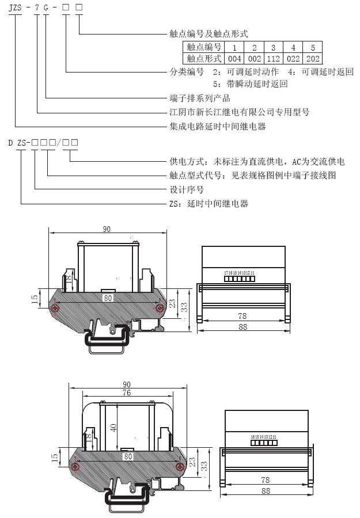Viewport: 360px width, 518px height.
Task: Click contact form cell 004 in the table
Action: click(x=234, y=58)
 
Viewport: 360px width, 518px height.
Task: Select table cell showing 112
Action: click(x=274, y=58)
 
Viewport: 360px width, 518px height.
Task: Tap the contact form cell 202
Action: click(x=313, y=58)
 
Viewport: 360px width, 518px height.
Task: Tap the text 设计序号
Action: click(x=186, y=189)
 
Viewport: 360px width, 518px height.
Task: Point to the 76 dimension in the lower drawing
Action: click(x=127, y=393)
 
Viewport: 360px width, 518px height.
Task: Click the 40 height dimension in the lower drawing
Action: click(x=113, y=428)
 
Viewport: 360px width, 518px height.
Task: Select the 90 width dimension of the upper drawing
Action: click(x=107, y=229)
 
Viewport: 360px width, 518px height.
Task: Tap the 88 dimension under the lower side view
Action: click(x=266, y=491)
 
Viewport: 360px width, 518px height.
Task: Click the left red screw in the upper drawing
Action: click(x=55, y=308)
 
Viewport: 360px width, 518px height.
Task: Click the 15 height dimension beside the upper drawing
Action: click(x=35, y=298)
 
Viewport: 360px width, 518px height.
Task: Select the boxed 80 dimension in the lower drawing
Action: click(x=128, y=455)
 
